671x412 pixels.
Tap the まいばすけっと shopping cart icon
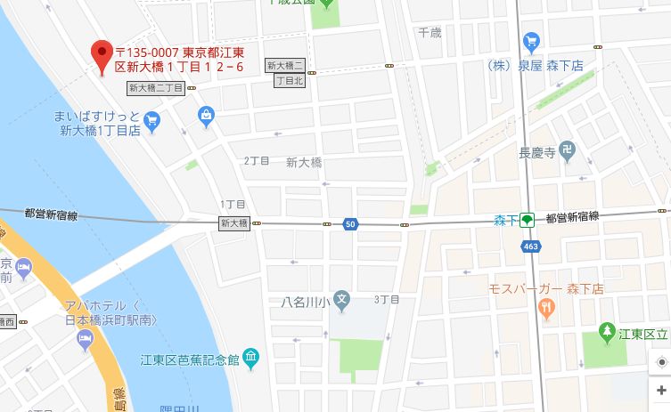point(151,118)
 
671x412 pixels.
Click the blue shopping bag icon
point(207,115)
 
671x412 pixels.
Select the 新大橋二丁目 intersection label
point(156,87)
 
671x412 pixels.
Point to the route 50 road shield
point(350,224)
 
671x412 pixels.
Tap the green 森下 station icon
point(528,220)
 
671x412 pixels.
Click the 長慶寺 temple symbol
point(569,152)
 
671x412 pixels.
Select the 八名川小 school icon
point(343,298)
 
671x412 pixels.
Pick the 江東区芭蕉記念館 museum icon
point(251,359)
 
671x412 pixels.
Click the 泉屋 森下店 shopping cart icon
point(533,41)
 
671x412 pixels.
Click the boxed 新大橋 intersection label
point(233,222)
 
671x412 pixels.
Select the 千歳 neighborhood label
point(430,32)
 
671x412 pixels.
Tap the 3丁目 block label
point(386,298)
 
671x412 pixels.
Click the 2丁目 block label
point(257,160)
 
